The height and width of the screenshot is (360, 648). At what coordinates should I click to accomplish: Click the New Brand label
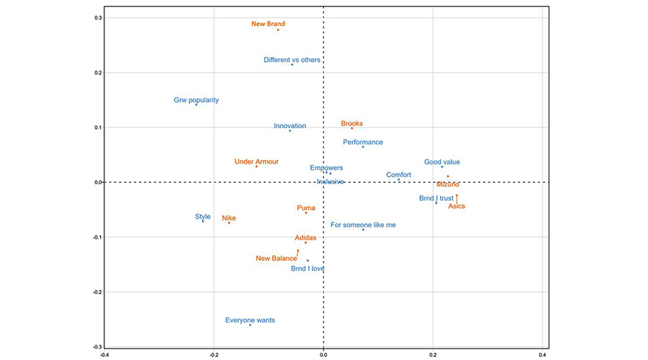point(268,24)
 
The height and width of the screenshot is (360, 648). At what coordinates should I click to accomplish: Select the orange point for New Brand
point(278,30)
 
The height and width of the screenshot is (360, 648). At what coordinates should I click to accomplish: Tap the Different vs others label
point(292,60)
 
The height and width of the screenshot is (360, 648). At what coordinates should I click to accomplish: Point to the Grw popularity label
point(196,100)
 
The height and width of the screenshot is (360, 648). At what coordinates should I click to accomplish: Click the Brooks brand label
point(352,123)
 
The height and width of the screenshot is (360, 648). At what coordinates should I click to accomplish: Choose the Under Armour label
point(256,162)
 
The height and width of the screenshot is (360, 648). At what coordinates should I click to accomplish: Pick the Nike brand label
point(229,217)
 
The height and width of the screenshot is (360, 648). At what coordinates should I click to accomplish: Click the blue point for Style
point(203,221)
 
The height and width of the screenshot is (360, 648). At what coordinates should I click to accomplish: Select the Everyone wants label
point(250,320)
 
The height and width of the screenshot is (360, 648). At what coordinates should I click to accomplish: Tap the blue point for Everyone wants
point(250,325)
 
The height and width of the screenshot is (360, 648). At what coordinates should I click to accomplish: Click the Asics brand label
point(456,206)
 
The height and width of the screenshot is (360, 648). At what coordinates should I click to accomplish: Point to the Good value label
point(441,162)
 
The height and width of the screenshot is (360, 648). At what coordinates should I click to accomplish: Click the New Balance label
point(276,258)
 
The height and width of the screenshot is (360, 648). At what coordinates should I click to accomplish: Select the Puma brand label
point(306,208)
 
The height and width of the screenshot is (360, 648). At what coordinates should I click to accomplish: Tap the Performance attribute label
point(363,142)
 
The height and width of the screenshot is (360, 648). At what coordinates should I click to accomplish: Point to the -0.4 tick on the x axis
point(104,354)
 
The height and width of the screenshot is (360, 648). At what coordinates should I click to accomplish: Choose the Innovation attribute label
point(289,126)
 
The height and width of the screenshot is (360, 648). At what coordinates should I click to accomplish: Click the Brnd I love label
point(307,269)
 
